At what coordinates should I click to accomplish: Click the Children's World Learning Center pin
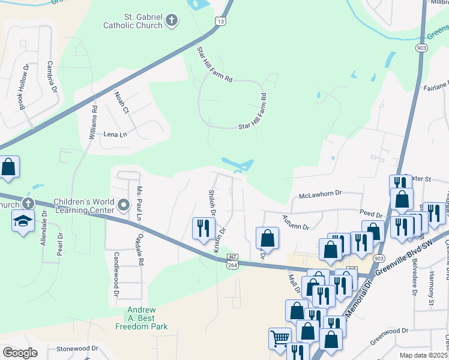[124, 205]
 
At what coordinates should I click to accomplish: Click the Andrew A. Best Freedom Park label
[142, 319]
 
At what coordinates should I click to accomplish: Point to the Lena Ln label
[116, 134]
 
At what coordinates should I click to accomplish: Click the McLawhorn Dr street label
[320, 194]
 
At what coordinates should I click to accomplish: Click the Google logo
[20, 353]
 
